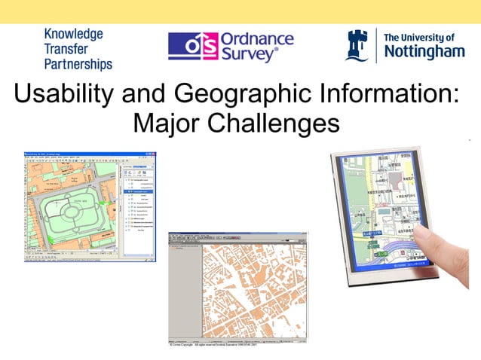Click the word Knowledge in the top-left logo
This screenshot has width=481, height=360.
coord(73,34)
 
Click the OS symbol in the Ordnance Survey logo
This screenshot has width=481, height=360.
coord(190,46)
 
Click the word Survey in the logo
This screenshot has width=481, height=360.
coord(248,54)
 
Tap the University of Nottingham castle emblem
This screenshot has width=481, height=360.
coord(357,46)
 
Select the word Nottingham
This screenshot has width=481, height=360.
coord(424,52)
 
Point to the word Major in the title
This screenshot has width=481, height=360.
coord(164,122)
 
